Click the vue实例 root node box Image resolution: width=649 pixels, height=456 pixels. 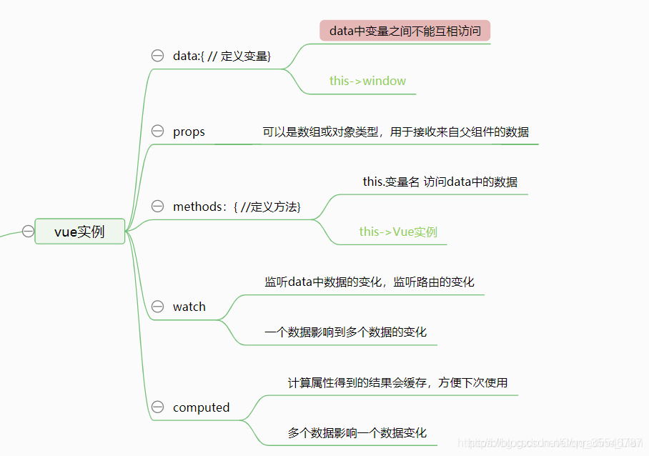[80, 232]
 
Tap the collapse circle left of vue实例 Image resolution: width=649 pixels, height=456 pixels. [28, 231]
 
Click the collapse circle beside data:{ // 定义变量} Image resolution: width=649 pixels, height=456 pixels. [158, 56]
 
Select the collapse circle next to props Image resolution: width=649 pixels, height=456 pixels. [158, 132]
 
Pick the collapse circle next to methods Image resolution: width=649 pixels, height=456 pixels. [158, 207]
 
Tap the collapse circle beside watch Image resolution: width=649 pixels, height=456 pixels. [158, 307]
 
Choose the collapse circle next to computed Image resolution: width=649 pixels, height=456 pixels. [158, 407]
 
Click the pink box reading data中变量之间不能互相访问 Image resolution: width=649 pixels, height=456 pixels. [405, 31]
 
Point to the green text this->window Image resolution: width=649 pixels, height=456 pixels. [367, 81]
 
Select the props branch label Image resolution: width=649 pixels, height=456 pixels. [189, 132]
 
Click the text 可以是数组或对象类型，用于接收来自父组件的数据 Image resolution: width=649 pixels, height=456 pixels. [395, 132]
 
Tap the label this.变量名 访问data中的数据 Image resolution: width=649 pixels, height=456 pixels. [440, 182]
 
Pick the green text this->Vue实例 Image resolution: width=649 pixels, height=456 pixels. [398, 232]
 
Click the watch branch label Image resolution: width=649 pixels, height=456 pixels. [189, 307]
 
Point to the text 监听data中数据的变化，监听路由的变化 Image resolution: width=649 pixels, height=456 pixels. [369, 282]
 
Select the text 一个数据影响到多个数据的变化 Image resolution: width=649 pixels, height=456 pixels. [345, 332]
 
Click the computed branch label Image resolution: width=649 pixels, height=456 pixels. [201, 407]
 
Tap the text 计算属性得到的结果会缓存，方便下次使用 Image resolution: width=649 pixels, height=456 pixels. [397, 382]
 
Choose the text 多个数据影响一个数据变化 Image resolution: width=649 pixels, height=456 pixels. [357, 433]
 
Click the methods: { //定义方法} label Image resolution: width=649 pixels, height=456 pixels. [237, 207]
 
